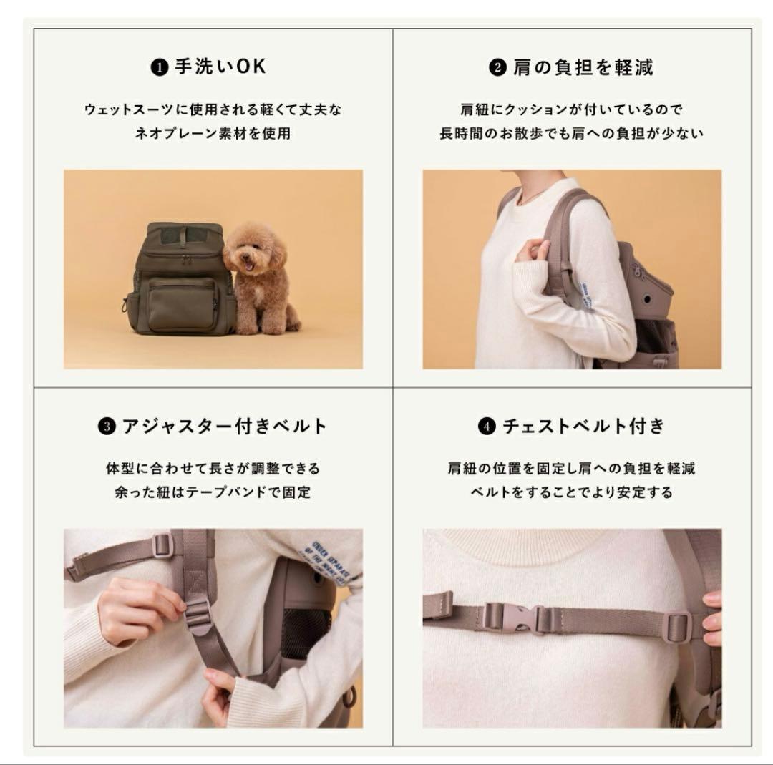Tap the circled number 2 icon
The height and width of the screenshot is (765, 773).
497,67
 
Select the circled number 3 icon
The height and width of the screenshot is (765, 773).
106,427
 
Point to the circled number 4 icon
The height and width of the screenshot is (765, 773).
486,427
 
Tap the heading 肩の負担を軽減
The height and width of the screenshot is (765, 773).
582,67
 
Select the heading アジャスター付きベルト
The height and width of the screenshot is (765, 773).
223,427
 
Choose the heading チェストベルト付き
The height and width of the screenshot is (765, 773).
583,427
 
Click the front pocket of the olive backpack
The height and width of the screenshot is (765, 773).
182,304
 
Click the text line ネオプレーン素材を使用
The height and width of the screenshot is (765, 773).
213,133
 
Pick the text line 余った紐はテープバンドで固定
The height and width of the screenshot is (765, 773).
213,493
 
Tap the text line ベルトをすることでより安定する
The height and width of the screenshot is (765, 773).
571,493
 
